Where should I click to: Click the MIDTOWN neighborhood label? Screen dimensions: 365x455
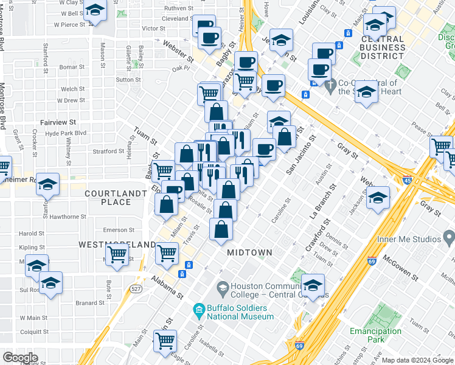249,252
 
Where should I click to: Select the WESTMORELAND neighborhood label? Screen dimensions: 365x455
117,244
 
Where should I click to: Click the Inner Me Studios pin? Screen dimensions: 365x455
448,235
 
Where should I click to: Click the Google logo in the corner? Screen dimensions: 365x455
20,357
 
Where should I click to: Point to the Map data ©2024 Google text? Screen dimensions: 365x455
417,360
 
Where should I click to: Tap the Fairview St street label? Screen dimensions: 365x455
58,122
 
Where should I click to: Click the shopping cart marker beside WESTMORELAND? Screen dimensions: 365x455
117,254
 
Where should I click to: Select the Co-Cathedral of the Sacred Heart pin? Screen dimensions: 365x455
329,85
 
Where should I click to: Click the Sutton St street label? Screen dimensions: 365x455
128,80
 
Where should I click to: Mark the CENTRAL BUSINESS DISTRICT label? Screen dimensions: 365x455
383,47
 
